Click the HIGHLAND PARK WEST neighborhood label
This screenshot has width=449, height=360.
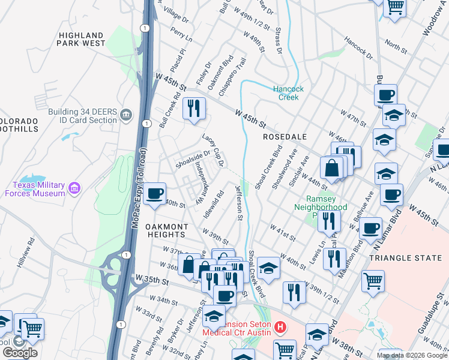pyautogui.click(x=82, y=39)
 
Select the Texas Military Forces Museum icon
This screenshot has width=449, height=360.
pyautogui.click(x=74, y=189)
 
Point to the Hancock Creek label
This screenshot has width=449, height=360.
pyautogui.click(x=289, y=93)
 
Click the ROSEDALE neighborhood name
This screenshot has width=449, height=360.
pyautogui.click(x=285, y=137)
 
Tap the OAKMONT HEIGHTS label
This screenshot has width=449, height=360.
pyautogui.click(x=167, y=230)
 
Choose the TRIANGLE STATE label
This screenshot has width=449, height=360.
pyautogui.click(x=408, y=257)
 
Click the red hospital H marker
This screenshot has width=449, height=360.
pyautogui.click(x=279, y=328)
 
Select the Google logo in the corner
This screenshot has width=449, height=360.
pyautogui.click(x=19, y=353)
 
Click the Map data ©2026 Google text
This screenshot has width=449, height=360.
pyautogui.click(x=412, y=355)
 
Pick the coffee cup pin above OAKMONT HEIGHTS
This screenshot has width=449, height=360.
pyautogui.click(x=155, y=193)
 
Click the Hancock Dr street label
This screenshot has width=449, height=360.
pyautogui.click(x=358, y=48)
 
